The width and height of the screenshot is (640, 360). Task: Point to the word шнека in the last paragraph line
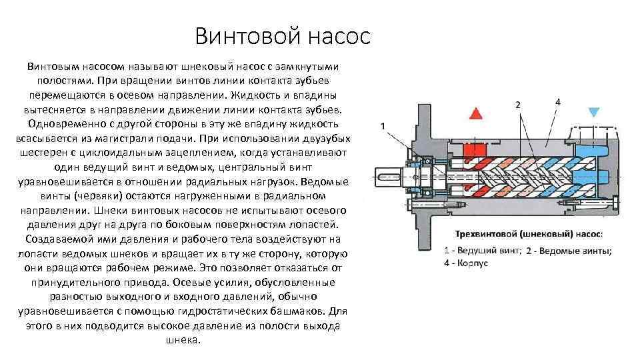pyautogui.click(x=182, y=339)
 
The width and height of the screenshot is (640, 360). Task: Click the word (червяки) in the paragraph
pyautogui.click(x=101, y=195)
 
